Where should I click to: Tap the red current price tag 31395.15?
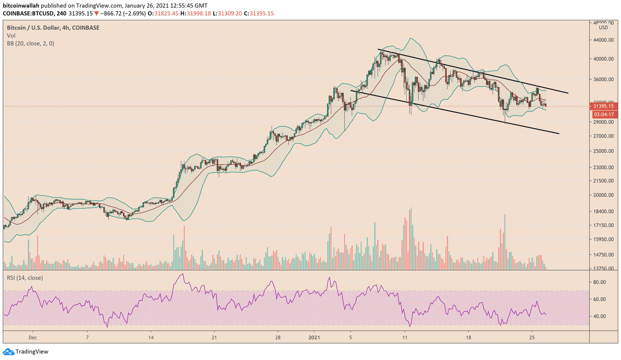click(603, 106)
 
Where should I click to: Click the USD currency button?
click(603, 28)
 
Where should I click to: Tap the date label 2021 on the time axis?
click(314, 337)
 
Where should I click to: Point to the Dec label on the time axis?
click(33, 337)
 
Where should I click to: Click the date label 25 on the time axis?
click(532, 337)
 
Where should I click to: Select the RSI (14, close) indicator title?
click(25, 278)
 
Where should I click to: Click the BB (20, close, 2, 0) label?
click(30, 43)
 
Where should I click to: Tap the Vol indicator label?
click(11, 36)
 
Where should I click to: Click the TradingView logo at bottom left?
click(26, 352)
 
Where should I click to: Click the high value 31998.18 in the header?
click(199, 14)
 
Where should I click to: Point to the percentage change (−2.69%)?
click(134, 14)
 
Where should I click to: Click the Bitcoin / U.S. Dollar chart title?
click(53, 28)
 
